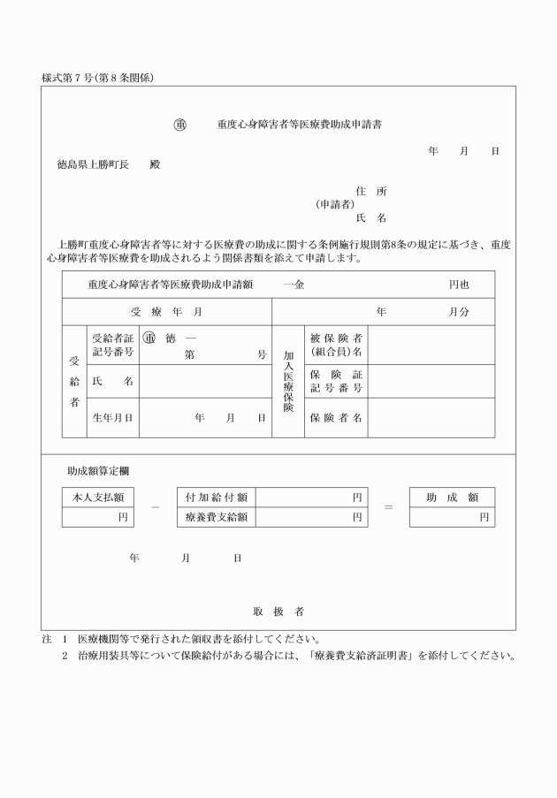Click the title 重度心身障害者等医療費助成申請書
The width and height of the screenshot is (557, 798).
300,125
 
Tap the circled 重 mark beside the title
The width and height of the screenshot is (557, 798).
179,125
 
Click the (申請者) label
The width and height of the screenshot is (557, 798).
334,204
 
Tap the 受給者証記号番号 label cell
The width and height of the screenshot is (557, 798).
112,345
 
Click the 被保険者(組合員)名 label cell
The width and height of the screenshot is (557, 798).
336,345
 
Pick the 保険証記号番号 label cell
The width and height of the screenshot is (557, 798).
336,381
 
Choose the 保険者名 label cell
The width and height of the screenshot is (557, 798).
336,418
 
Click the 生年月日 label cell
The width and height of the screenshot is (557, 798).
112,418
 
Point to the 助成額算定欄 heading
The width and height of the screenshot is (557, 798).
98,472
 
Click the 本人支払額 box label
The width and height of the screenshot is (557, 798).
98,498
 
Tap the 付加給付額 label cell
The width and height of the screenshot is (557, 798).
216,498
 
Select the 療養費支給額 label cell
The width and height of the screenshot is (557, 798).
216,517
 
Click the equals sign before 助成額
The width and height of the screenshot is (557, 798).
388,508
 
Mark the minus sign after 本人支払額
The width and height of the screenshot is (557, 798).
155,508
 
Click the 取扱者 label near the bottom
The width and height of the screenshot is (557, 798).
278,612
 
